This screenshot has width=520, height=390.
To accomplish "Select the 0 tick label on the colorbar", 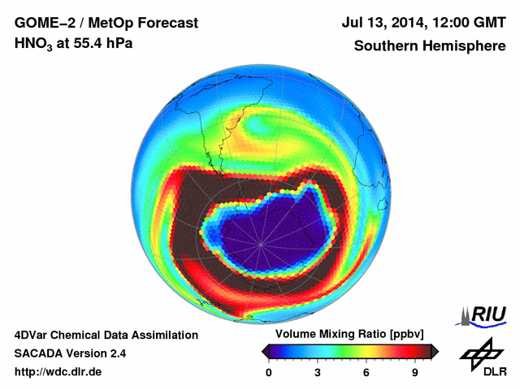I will point(269,372).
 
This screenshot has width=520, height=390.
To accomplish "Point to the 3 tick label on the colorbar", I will point(318,372).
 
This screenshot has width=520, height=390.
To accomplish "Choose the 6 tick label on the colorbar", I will point(366,372).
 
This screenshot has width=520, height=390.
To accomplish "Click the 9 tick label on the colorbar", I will point(414,372).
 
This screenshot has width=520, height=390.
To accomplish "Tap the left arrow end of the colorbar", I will point(265,351).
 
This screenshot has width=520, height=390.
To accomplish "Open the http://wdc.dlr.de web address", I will point(58,372).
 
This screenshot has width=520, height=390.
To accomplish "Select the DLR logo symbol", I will point(479,351).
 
